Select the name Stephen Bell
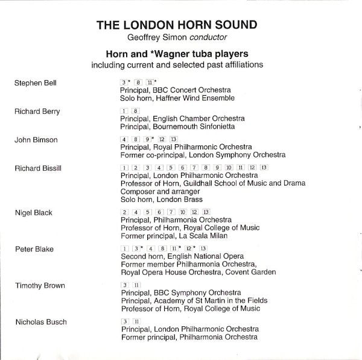point(35,83)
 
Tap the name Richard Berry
point(37,112)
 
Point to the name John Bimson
point(36,140)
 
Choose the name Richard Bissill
point(37,168)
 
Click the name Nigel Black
point(34,213)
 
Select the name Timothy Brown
point(39,285)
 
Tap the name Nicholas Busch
point(40,321)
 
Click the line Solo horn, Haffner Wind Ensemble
point(177,98)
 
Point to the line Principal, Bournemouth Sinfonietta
point(177,126)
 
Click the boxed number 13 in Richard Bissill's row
point(263,167)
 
